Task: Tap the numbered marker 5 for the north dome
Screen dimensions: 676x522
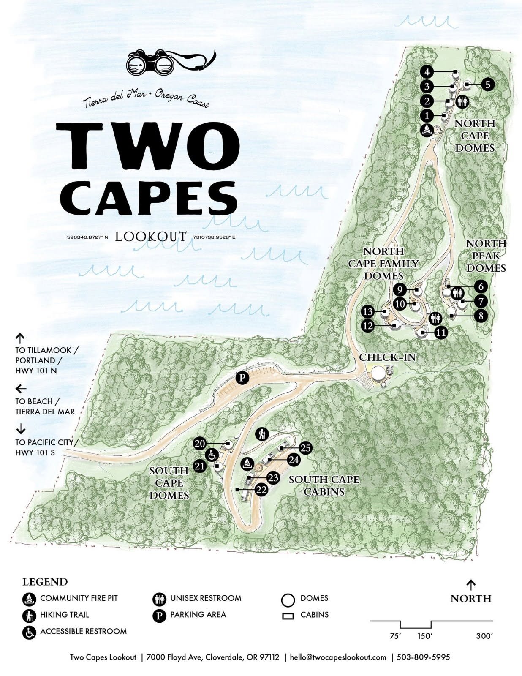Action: tap(487, 84)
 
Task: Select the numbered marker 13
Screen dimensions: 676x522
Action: tap(368, 312)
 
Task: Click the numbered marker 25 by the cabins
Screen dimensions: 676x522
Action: tap(305, 448)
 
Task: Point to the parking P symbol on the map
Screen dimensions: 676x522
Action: tap(242, 377)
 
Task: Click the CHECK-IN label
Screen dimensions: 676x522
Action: tap(387, 357)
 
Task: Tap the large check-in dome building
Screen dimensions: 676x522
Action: tap(378, 373)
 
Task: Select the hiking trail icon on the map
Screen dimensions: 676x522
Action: tap(263, 433)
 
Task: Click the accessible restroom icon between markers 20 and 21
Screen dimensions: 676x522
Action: tap(212, 455)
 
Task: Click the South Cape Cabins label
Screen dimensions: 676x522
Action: tap(324, 485)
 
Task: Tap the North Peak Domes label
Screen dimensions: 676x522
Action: tap(486, 256)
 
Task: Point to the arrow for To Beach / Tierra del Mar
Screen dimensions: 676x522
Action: tap(21, 388)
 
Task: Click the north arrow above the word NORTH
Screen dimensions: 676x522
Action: tap(470, 585)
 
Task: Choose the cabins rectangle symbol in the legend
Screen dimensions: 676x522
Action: tap(288, 616)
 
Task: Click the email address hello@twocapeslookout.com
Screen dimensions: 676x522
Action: tap(338, 657)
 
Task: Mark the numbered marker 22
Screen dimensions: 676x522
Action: tap(261, 490)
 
